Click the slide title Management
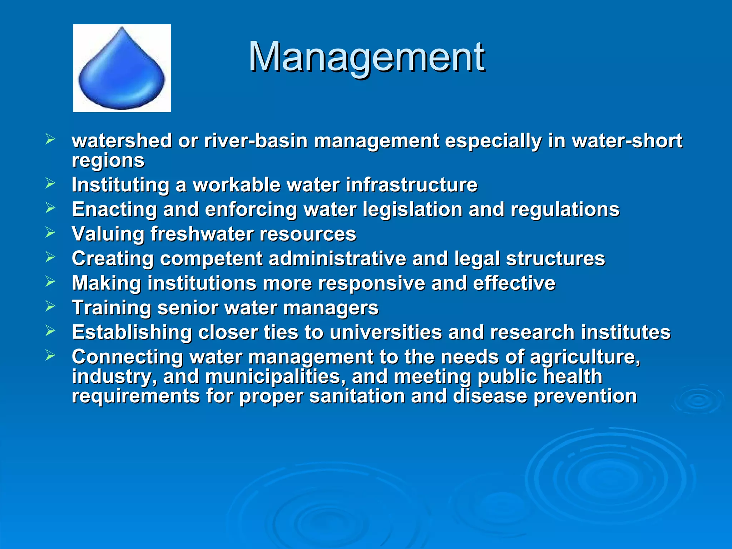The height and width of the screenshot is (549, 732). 366,57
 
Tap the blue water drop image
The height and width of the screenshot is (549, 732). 122,68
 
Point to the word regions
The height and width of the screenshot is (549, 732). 108,160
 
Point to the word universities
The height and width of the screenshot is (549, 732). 386,332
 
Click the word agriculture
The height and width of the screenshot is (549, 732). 585,357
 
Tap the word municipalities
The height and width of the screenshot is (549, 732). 275,377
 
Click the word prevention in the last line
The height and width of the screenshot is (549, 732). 585,396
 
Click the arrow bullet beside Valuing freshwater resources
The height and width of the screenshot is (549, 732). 50,233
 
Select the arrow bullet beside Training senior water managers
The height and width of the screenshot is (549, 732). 50,306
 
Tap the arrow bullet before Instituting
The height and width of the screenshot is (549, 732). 50,183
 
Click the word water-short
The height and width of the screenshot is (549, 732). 627,140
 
